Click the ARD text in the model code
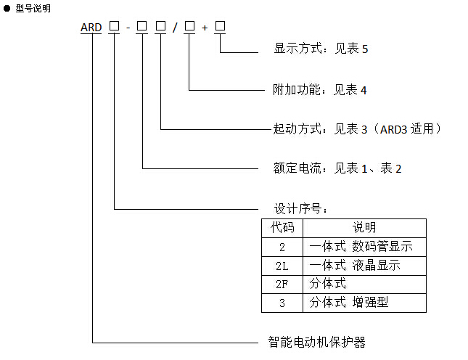click(91, 28)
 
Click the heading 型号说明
click(33, 9)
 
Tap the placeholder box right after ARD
click(114, 26)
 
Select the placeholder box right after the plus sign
click(221, 26)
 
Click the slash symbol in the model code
click(175, 28)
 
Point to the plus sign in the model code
click(205, 28)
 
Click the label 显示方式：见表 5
click(321, 49)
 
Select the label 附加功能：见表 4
click(320, 89)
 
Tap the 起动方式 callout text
click(357, 129)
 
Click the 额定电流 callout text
click(337, 168)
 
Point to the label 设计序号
click(300, 208)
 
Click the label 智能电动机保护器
click(316, 342)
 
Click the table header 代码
click(282, 228)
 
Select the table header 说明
click(364, 228)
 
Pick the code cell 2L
click(282, 266)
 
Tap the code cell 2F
click(282, 285)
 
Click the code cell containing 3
click(282, 303)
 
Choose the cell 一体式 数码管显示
click(361, 247)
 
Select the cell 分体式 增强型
click(349, 303)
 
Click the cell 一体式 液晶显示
click(355, 266)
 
